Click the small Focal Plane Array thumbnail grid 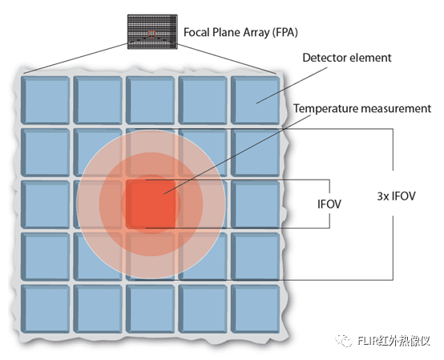(152, 32)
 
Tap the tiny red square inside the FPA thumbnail (151, 34)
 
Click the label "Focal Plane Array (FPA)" (240, 33)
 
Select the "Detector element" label (347, 58)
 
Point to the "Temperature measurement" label (362, 108)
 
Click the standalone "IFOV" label (329, 204)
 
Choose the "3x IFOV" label (396, 196)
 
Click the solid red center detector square (151, 204)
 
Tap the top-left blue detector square (46, 100)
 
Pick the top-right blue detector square (255, 100)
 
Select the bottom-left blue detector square (46, 309)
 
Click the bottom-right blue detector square (255, 309)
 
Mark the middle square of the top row (151, 100)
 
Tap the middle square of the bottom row (151, 309)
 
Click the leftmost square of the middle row (46, 204)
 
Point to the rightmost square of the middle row (255, 204)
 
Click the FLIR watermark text (394, 341)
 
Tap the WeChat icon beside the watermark (344, 341)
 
